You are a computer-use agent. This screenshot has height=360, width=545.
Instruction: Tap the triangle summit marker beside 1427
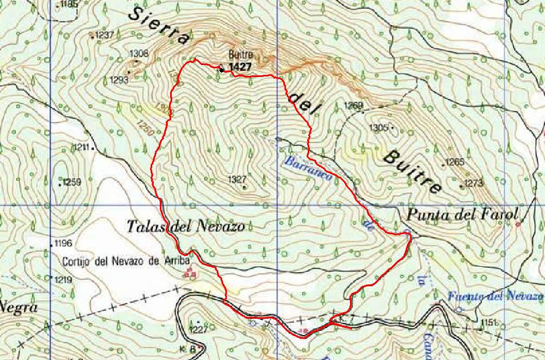pos(221,69)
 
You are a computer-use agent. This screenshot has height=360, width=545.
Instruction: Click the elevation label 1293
pos(119,80)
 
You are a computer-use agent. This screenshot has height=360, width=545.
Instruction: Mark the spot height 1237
pos(105,35)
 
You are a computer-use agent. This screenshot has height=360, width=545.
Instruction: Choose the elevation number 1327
pos(238,179)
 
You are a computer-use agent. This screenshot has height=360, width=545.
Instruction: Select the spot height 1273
pos(473,183)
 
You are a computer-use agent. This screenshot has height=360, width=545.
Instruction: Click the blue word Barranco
pos(308,172)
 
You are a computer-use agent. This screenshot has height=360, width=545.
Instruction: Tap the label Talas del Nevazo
pos(186,226)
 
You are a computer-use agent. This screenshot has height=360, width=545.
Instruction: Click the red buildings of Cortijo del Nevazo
pos(190,274)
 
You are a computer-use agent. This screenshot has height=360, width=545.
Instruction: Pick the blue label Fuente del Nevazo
pos(496,296)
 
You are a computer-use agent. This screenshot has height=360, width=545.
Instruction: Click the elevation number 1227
pos(199,329)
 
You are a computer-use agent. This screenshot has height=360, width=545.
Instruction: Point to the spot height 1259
pos(72,182)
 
